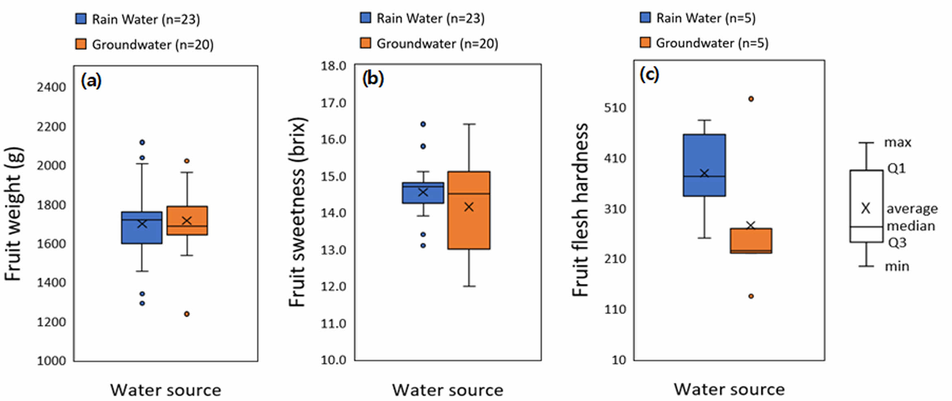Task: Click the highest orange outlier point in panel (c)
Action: click(751, 99)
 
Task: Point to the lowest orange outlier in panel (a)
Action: click(187, 314)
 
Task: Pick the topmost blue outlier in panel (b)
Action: click(423, 124)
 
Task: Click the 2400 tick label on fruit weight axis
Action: click(51, 87)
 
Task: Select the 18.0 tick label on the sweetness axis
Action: click(333, 66)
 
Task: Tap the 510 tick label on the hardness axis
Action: click(615, 108)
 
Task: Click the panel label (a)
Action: click(91, 80)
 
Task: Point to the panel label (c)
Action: click(649, 74)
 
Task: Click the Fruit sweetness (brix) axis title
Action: click(297, 212)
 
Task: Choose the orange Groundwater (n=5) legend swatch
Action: click(645, 43)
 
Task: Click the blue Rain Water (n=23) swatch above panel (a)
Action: click(81, 19)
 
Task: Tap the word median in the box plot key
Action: click(911, 226)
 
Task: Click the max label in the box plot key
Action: click(897, 142)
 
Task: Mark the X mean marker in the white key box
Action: click(866, 208)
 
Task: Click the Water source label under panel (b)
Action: click(448, 390)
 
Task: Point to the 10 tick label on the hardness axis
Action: click(619, 360)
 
